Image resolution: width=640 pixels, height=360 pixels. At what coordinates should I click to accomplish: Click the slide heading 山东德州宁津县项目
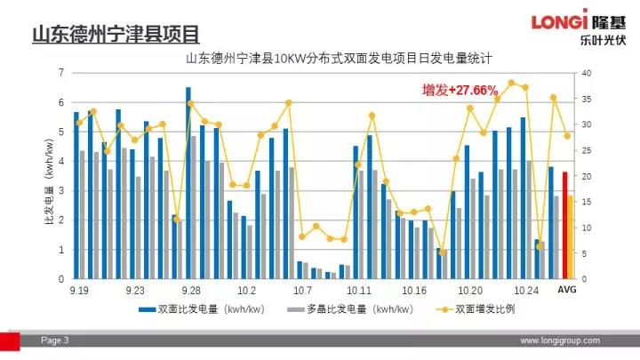coord(116,36)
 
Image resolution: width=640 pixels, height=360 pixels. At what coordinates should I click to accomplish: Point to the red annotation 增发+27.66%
coord(460,90)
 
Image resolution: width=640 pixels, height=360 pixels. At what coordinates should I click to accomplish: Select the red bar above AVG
coord(564,225)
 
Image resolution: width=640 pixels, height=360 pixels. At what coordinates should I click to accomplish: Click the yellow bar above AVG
coord(571,236)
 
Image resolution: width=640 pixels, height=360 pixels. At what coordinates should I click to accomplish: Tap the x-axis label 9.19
coord(79,291)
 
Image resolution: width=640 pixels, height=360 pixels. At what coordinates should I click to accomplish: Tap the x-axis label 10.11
coord(359,291)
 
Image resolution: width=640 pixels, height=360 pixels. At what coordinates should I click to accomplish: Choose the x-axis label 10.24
coord(527,291)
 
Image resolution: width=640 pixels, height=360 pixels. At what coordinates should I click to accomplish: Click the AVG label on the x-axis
coord(567,291)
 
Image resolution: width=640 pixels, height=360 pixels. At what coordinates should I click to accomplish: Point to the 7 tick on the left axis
coord(60,72)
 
